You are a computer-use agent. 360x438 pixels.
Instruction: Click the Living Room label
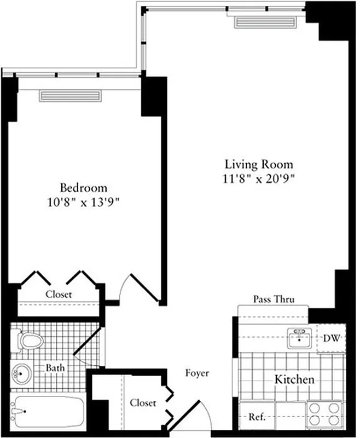click(x=259, y=164)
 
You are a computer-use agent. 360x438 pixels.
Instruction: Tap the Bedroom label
click(x=84, y=187)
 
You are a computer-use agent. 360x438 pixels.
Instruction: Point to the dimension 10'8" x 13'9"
click(x=84, y=201)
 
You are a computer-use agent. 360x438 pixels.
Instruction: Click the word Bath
click(x=55, y=368)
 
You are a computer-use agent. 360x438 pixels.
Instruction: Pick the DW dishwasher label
click(x=331, y=338)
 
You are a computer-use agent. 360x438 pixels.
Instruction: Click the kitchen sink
click(x=299, y=338)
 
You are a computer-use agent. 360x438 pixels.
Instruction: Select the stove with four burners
click(x=324, y=414)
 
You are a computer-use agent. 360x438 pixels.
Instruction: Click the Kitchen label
click(x=294, y=379)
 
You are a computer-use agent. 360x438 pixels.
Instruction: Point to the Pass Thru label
click(x=274, y=299)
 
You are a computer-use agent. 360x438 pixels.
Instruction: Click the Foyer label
click(x=196, y=373)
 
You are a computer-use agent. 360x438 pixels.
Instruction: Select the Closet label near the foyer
click(x=143, y=403)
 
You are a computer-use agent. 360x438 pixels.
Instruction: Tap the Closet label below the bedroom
click(x=59, y=295)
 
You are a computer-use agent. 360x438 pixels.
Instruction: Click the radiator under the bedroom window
click(x=70, y=96)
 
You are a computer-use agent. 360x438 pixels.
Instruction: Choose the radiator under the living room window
click(x=265, y=22)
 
